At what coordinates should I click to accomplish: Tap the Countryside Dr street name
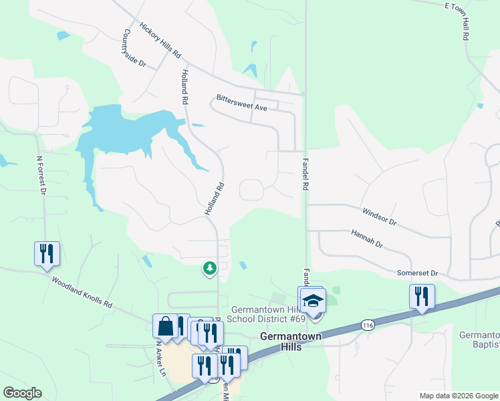pos(134,49)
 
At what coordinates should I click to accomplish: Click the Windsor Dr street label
pos(380,216)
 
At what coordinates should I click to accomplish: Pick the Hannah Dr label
pos(367,239)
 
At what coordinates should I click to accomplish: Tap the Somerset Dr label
pos(416,273)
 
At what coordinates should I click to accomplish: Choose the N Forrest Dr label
pos(41,176)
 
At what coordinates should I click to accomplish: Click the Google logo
pos(22,393)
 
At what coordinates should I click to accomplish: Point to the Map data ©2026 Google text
pos(458,396)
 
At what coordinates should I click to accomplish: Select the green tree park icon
pos(210,268)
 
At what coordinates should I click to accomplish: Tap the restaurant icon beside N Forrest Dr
pos(47,254)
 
